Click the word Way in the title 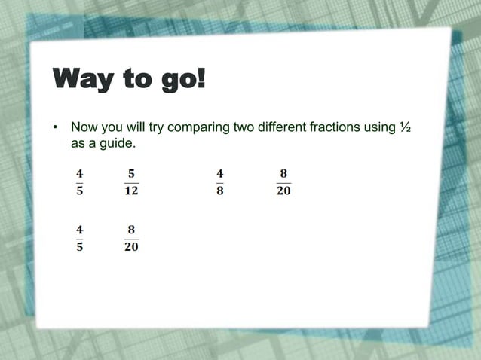pos(82,80)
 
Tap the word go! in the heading pos(179,80)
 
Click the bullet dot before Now pos(54,127)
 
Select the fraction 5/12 pos(131,182)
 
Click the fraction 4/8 pos(220,182)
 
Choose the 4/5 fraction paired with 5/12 pos(79,182)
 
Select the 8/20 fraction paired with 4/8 pos(283,182)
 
